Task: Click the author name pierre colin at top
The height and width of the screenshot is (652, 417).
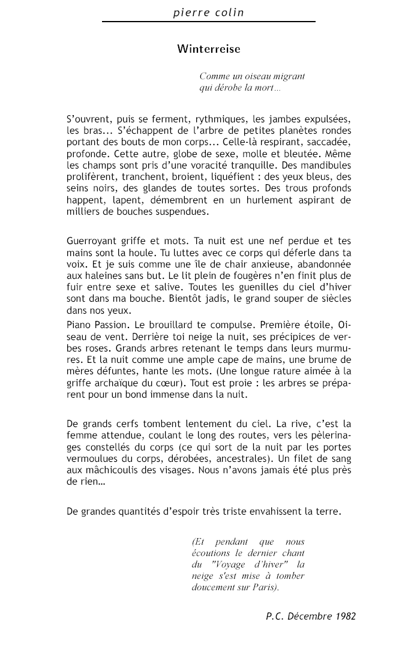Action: [x=208, y=12]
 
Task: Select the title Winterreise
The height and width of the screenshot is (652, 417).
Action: [x=209, y=49]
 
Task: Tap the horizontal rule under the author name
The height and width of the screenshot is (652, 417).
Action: [x=209, y=22]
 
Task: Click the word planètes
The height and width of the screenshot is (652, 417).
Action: [x=301, y=130]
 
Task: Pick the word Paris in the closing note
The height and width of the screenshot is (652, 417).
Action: [x=268, y=588]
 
